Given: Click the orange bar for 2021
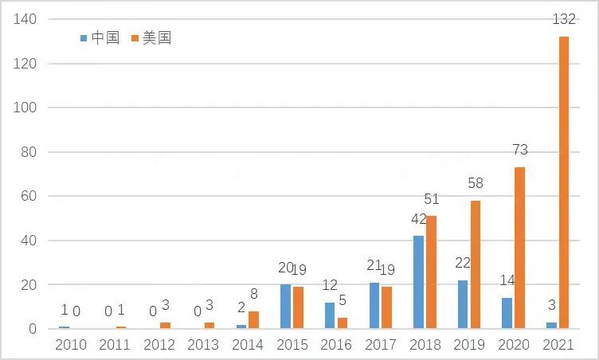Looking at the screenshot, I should pos(564,182).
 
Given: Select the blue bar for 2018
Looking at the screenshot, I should pos(418,282).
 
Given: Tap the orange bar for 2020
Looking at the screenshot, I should pos(519,248).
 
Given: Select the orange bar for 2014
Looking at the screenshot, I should pos(253,320).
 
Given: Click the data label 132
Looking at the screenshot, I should pos(564,19).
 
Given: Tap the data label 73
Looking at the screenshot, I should pos(520,150).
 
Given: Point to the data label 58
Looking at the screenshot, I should pos(476,183).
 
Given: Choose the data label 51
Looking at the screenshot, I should pos(432,199).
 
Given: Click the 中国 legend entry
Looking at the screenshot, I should pos(100,37).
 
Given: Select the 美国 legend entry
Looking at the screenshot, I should pos(151,37).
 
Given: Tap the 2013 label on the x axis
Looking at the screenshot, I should pos(203,345).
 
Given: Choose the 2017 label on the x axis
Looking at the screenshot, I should pos(381,345).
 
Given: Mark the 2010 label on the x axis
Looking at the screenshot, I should pos(70,345).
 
